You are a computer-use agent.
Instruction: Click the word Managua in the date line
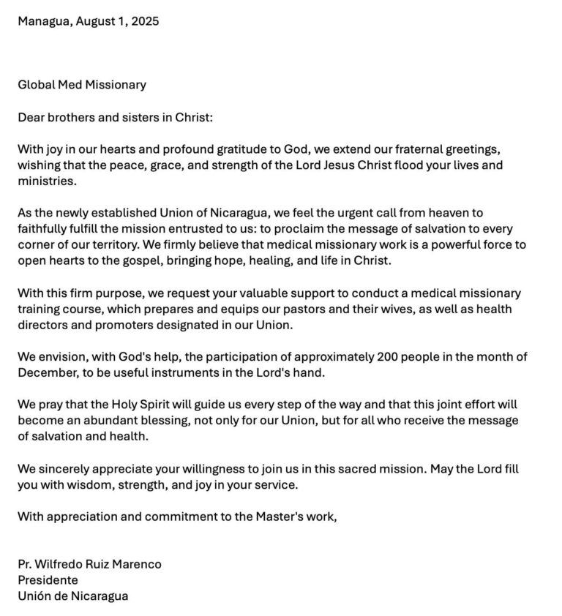coord(43,21)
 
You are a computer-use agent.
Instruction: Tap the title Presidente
coord(48,580)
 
